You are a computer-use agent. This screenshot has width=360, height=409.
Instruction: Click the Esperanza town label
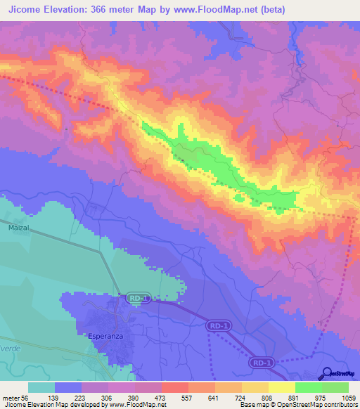click(106, 336)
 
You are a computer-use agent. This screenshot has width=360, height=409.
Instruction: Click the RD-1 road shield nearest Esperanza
click(137, 299)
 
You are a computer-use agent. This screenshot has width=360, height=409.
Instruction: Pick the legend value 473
click(161, 398)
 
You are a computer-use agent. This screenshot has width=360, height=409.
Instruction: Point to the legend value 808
click(269, 398)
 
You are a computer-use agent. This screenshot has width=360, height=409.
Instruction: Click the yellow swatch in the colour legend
click(282, 387)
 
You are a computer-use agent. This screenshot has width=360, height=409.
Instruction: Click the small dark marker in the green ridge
click(183, 159)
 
